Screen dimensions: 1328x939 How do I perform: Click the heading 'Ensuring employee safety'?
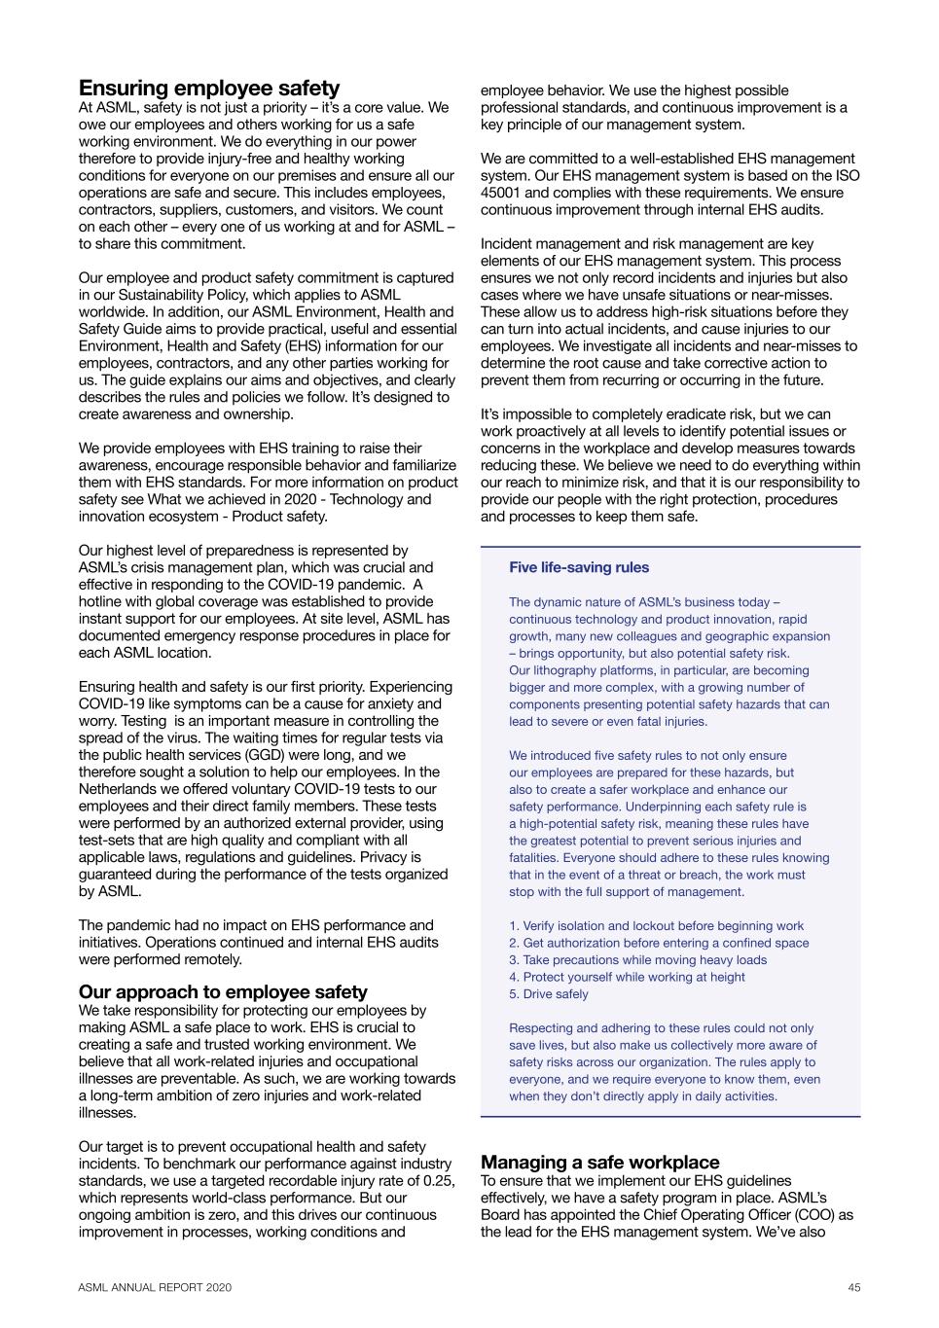(209, 89)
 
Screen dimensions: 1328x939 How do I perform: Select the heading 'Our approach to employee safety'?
(223, 992)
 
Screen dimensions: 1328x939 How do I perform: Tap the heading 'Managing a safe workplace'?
(600, 1163)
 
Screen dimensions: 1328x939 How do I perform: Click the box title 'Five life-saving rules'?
(579, 568)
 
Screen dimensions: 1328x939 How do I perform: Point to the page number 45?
(853, 1287)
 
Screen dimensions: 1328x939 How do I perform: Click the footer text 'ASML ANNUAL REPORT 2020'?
(156, 1287)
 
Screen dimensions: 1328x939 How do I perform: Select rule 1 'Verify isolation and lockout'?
(657, 926)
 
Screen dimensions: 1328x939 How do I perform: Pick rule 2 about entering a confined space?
(659, 943)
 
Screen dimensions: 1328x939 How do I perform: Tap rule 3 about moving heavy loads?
(637, 960)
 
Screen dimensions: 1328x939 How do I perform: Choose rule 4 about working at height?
(627, 977)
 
